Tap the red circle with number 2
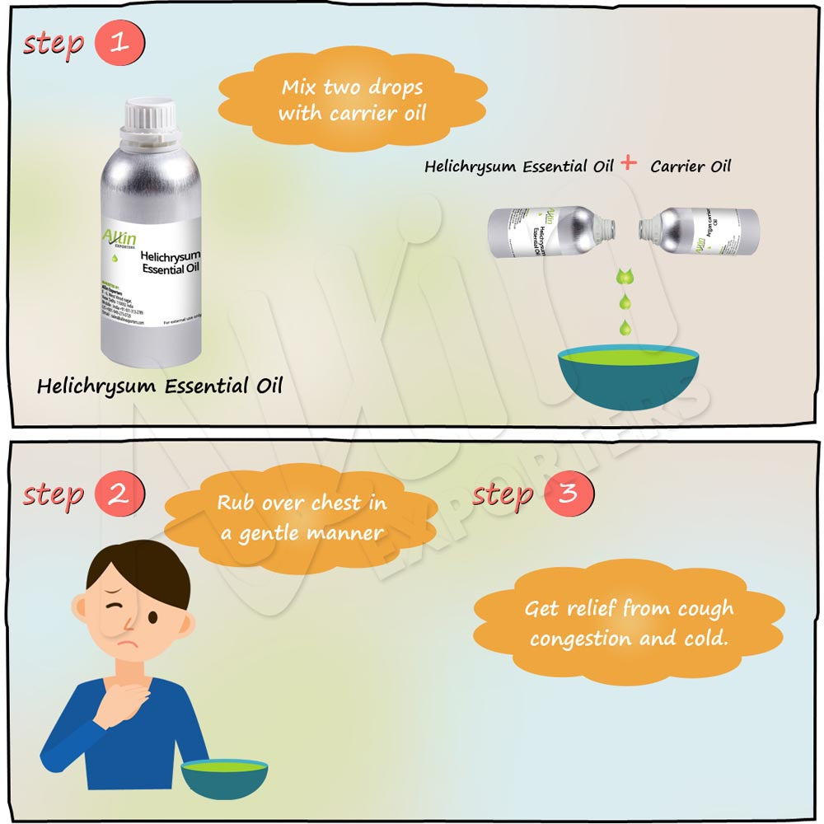click(119, 495)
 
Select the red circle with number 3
click(567, 495)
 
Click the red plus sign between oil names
click(629, 163)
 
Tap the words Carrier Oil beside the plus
click(690, 166)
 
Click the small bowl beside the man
click(224, 778)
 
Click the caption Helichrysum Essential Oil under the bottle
click(160, 386)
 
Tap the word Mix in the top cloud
click(300, 87)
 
